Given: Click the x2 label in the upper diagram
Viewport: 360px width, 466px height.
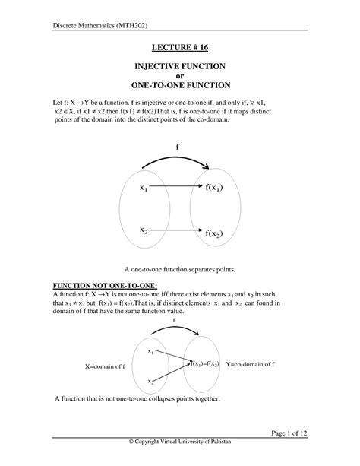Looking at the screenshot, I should tap(144, 230).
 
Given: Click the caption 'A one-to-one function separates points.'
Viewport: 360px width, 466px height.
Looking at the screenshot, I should tap(180, 269).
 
